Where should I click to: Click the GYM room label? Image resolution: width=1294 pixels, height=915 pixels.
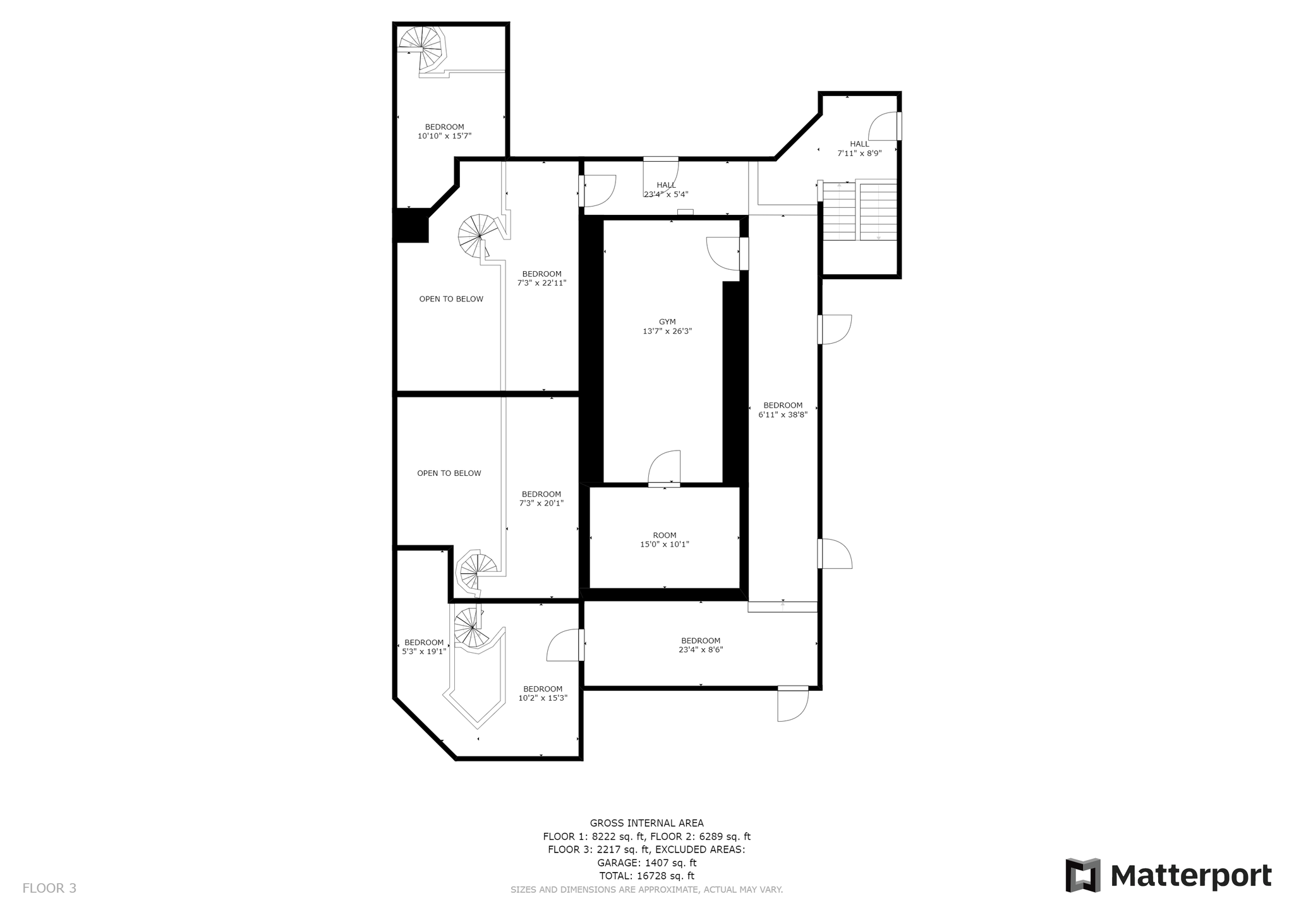click(x=667, y=322)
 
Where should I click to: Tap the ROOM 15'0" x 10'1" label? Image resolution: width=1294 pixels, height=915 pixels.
click(x=665, y=540)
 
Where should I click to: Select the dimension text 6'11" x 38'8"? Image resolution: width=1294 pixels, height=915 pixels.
click(x=783, y=415)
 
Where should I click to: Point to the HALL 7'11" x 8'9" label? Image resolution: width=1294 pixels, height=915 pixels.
click(x=859, y=148)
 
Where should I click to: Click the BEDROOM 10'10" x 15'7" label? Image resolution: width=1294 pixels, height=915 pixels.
click(x=444, y=131)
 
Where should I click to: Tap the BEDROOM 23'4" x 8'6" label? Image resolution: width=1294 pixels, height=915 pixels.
click(x=701, y=645)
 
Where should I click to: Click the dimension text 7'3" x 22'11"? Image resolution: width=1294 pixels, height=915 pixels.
click(x=541, y=283)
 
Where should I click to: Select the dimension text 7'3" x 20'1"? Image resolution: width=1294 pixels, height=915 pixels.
click(x=541, y=504)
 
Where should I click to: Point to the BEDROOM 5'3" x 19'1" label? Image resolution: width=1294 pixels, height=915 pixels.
click(x=424, y=647)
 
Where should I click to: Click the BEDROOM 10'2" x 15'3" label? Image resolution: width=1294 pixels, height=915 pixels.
click(x=543, y=693)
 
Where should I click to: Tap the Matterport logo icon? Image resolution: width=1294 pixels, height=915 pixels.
click(x=1083, y=875)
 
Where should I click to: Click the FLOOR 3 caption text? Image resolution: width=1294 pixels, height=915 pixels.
click(x=49, y=888)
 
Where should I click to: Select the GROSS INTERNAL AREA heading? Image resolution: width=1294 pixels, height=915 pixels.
click(x=646, y=823)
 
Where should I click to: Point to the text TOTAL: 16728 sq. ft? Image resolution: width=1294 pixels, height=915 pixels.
click(x=646, y=876)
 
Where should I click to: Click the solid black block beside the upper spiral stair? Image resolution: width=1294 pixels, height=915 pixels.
click(x=411, y=226)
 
